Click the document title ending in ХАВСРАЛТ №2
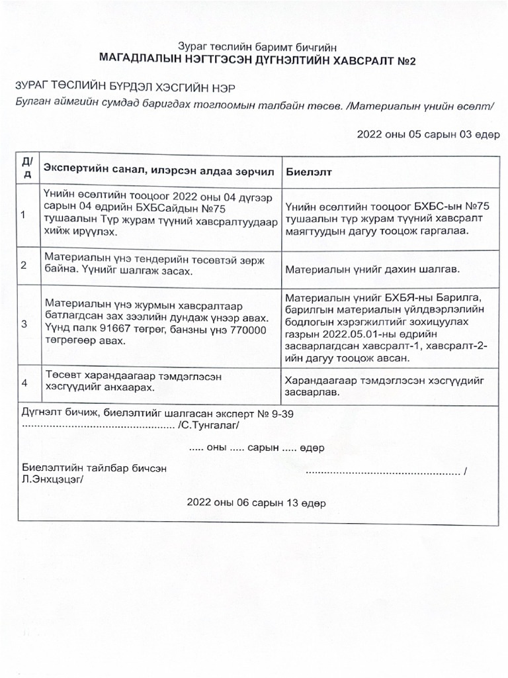click(257, 59)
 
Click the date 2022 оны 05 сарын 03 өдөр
click(428, 134)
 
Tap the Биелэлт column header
click(309, 171)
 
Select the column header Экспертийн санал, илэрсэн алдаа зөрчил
click(158, 171)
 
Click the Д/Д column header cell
click(26, 169)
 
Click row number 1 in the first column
click(24, 215)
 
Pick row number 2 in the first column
click(24, 265)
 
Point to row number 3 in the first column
click(24, 324)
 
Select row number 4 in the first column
click(24, 383)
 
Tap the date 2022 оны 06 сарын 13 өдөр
click(256, 503)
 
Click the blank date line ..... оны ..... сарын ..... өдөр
click(256, 448)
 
